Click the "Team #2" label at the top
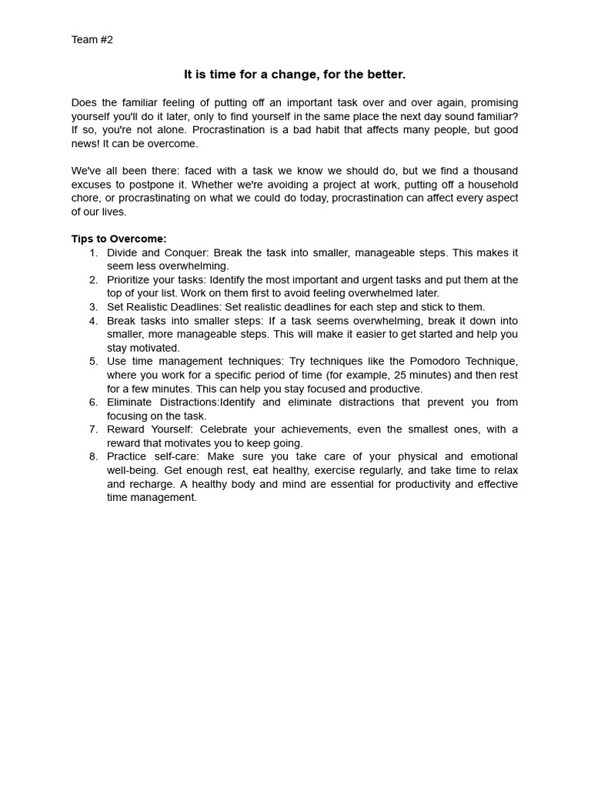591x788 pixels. click(92, 40)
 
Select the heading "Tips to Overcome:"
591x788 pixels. click(119, 239)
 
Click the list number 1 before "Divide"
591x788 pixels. click(92, 252)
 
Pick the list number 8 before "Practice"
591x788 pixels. click(92, 456)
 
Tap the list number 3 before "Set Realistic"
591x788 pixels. click(92, 307)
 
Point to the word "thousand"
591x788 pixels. click(494, 171)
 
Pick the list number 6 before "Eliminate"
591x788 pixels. click(92, 402)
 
